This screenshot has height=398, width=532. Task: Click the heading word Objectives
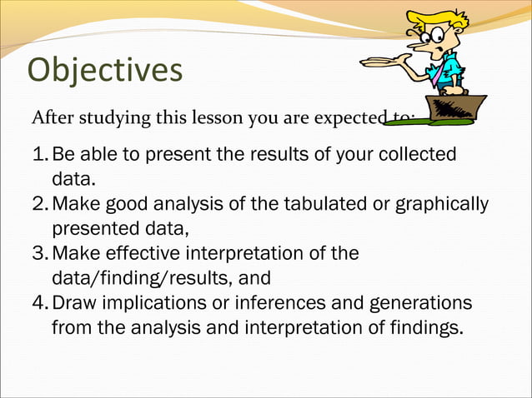tap(105, 70)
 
